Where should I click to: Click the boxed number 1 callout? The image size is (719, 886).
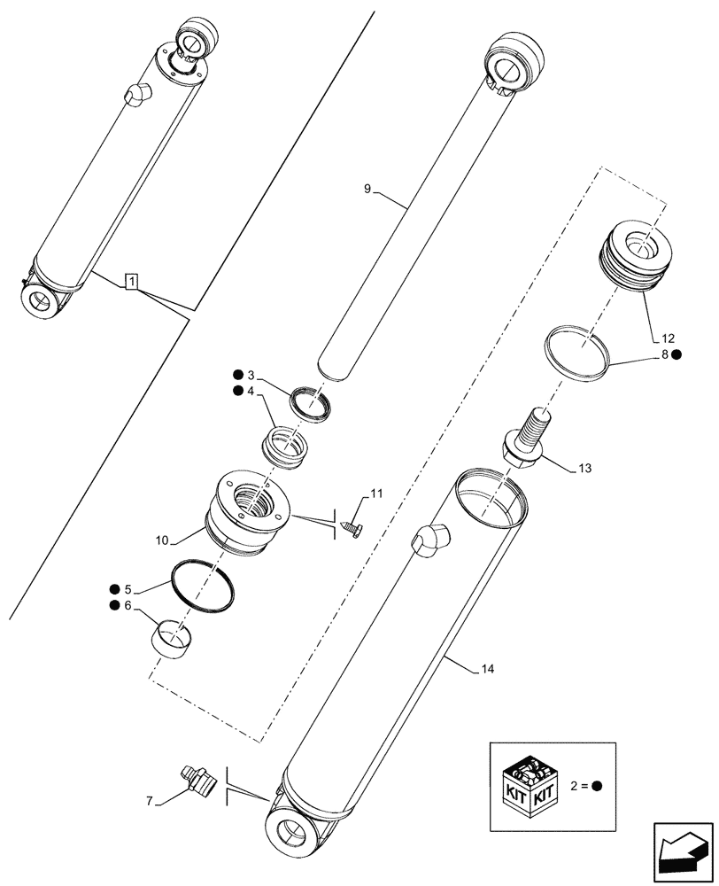pyautogui.click(x=131, y=283)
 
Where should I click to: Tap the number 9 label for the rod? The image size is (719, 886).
pyautogui.click(x=367, y=189)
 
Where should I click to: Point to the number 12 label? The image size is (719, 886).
pyautogui.click(x=667, y=338)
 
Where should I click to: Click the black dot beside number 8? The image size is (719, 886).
pyautogui.click(x=676, y=355)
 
